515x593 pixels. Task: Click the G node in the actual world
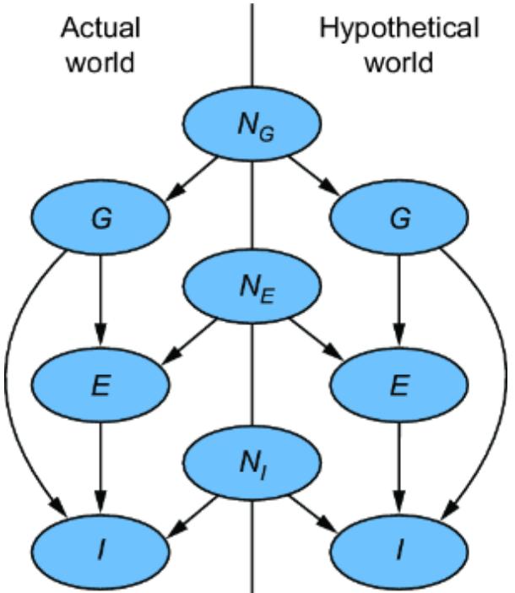(x=101, y=219)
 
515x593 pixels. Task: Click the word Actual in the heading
(x=100, y=30)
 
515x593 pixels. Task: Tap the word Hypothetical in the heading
(x=398, y=30)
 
